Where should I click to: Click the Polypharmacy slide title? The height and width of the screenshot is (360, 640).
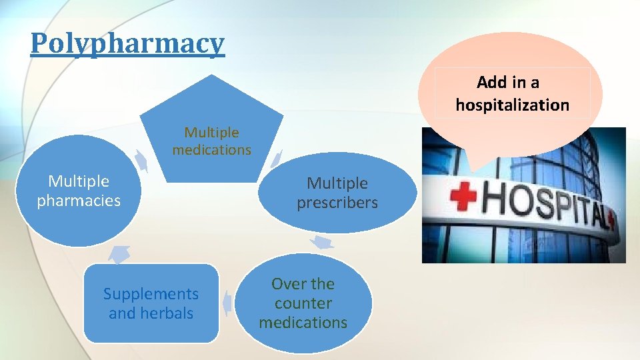tap(127, 44)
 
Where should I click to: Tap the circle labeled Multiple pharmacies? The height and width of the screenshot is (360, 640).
tap(79, 191)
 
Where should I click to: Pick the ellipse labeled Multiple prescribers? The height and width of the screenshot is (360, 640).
tap(337, 193)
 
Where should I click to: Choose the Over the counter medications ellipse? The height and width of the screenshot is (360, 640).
tap(303, 303)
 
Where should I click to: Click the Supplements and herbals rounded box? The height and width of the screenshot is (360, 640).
tap(151, 303)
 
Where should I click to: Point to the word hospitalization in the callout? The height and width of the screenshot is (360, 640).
tap(512, 105)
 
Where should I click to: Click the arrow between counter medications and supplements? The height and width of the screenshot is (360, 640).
tap(228, 303)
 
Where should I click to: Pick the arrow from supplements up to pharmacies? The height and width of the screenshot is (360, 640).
tap(120, 253)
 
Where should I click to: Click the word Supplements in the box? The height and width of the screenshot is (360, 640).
tap(151, 294)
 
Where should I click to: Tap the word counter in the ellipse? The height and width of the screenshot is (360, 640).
tap(303, 303)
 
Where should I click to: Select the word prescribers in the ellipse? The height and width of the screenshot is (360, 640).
tap(337, 202)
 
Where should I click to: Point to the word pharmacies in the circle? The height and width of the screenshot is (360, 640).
tap(79, 200)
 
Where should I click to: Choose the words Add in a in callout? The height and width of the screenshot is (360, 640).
tap(508, 83)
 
